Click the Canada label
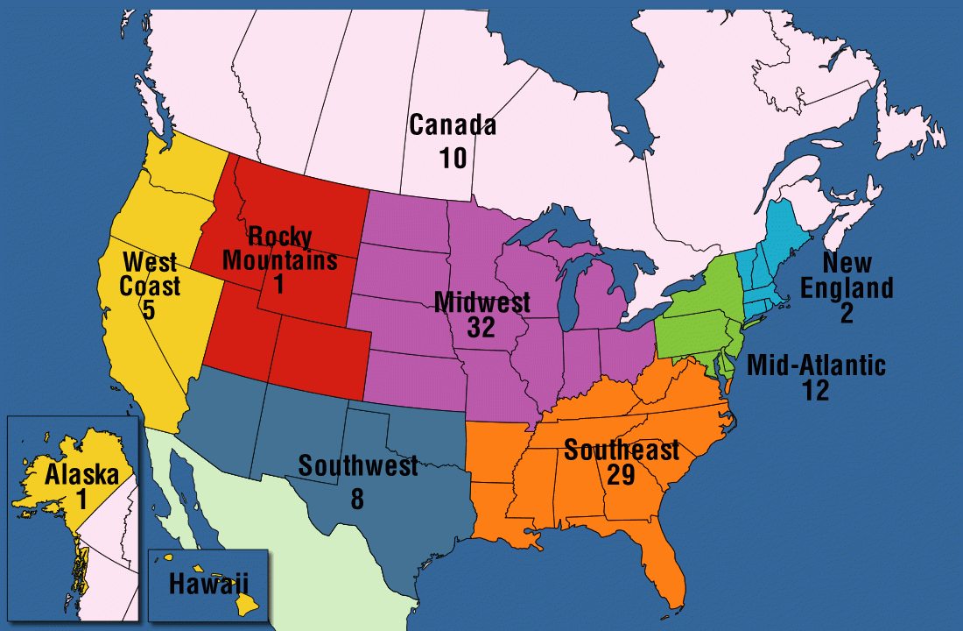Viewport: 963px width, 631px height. tap(453, 125)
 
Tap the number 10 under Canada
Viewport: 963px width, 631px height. tap(453, 159)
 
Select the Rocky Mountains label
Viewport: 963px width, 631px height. tap(279, 247)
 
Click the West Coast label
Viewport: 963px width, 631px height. tap(151, 273)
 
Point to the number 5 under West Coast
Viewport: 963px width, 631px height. tap(149, 309)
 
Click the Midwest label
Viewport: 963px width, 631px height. tap(482, 303)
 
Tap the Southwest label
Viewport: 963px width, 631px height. tap(358, 465)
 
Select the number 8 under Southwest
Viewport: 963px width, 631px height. tap(357, 498)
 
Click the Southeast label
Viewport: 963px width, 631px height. tap(622, 450)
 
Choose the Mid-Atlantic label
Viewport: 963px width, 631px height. tap(816, 365)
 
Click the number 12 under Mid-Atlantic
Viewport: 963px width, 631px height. tap(815, 390)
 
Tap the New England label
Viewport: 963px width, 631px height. tap(847, 274)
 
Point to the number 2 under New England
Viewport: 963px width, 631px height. tap(847, 313)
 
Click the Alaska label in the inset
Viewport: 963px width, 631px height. tap(82, 475)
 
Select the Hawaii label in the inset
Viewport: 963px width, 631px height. tap(208, 582)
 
